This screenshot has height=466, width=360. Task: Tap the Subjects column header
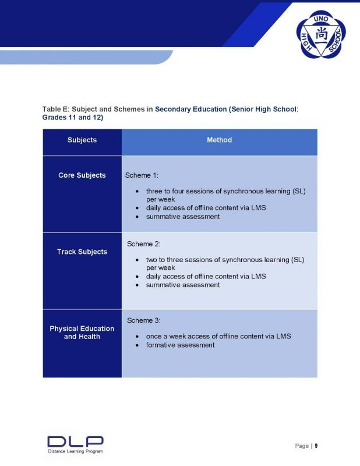click(x=82, y=140)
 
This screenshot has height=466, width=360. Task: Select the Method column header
click(x=219, y=140)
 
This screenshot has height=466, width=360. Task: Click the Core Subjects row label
click(x=82, y=175)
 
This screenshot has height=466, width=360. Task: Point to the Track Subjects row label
click(x=82, y=252)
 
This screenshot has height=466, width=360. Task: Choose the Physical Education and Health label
click(x=82, y=333)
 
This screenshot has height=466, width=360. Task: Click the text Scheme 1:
click(x=142, y=175)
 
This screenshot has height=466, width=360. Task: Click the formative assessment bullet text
click(x=180, y=345)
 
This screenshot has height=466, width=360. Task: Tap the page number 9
click(x=316, y=446)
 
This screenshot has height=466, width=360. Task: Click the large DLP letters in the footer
click(x=75, y=442)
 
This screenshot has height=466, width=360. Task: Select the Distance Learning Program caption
click(x=76, y=451)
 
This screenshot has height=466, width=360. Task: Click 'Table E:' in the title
click(x=55, y=109)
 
